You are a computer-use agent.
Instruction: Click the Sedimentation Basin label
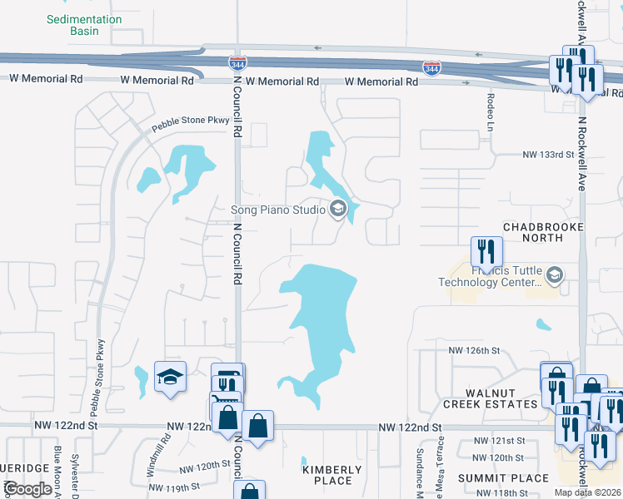coord(84,25)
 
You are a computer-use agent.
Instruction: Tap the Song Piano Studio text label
coord(277,210)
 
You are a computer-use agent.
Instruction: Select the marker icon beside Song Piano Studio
coord(338,210)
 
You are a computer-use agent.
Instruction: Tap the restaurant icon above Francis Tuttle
coord(486,249)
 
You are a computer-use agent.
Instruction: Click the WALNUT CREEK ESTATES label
coord(490,398)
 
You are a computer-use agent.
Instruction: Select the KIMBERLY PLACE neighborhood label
coord(332,475)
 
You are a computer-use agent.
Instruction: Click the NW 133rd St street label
coord(548,155)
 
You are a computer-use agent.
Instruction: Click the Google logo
coord(28,489)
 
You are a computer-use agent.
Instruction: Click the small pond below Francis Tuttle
coord(543,324)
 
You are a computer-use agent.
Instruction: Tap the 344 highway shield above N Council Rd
coord(237,62)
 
